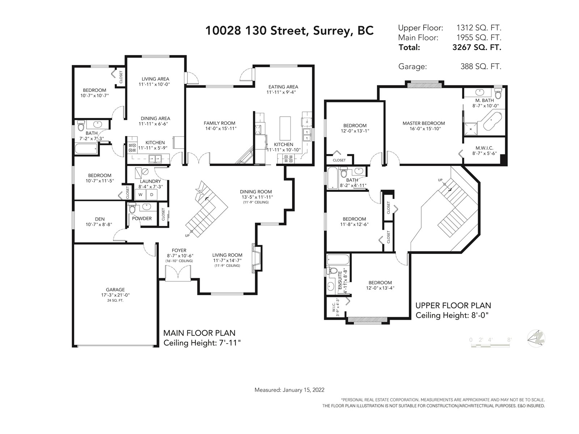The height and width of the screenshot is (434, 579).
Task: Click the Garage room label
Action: point(115,290)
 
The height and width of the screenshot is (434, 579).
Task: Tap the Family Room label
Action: point(219,123)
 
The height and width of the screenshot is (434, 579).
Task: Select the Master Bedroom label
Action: point(424,123)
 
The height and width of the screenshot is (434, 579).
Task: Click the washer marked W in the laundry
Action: point(140,195)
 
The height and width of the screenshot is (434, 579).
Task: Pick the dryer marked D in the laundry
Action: point(152,195)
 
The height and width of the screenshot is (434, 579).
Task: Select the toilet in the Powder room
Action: point(132,208)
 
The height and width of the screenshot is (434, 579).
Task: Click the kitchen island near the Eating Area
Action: point(285,128)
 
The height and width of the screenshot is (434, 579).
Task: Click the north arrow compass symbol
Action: point(536,339)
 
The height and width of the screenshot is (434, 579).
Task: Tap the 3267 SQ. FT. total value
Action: point(477,47)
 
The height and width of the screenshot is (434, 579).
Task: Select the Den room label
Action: point(100,219)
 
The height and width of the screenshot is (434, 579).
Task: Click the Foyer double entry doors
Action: point(178,273)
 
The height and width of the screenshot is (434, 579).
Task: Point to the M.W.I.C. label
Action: point(484,148)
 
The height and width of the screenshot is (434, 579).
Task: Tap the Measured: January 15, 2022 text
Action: point(289,390)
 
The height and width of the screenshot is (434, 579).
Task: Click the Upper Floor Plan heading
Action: point(453,306)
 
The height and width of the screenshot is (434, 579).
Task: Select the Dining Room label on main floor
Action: point(255,192)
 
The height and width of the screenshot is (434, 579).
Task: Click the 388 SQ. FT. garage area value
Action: point(481,67)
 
